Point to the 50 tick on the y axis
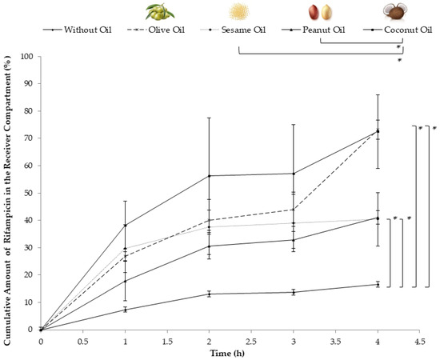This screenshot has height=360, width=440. tap(30, 193)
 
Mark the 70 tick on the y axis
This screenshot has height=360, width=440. tap(30, 138)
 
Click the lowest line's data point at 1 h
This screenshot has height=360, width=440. tap(125, 310)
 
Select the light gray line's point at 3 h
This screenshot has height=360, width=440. tap(293, 223)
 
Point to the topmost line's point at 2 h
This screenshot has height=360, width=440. tap(209, 176)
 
